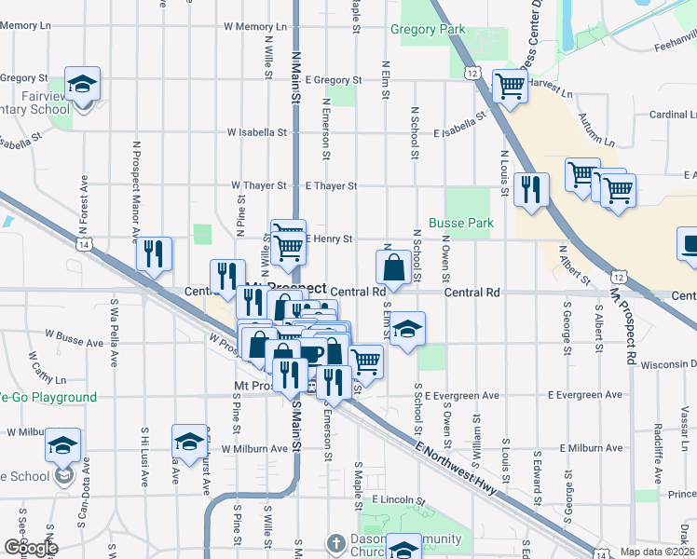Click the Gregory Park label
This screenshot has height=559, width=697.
point(427,30)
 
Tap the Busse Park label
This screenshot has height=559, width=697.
point(460,224)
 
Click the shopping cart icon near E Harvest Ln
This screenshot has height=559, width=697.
point(510,87)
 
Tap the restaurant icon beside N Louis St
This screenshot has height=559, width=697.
point(530,189)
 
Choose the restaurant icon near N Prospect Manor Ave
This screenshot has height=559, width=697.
point(154,253)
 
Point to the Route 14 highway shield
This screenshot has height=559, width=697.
point(84,244)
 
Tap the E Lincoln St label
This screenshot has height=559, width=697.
point(398,500)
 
